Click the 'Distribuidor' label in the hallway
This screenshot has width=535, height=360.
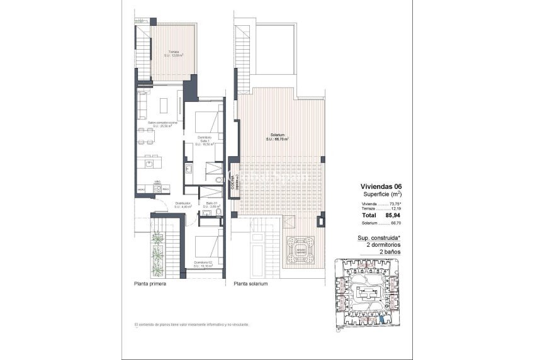[x=183, y=205]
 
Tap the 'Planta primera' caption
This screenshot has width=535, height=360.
[x=150, y=284]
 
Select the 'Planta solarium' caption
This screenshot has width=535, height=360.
[x=251, y=284]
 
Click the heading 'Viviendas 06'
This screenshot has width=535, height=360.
[x=381, y=186]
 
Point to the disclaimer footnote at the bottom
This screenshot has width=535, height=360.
[x=192, y=324]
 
